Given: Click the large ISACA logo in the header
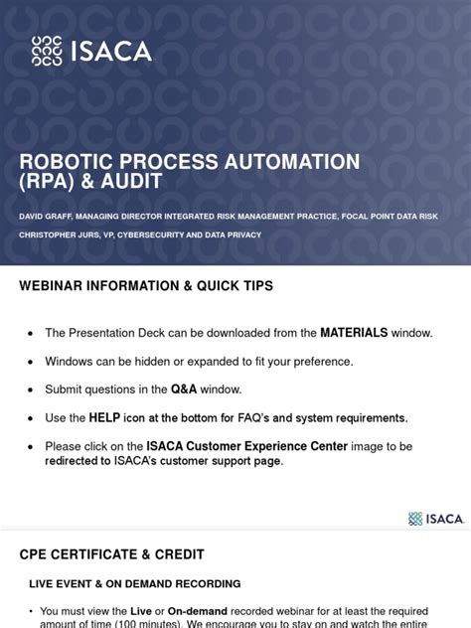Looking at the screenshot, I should pos(92,50).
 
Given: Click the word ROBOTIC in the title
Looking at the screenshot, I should pos(67,162).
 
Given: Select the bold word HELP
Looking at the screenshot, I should pos(105,417).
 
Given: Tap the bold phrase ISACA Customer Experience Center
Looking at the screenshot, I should pos(247,446).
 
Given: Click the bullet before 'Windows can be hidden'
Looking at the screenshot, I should pos(32,362).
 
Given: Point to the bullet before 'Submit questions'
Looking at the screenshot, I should pos(32,390).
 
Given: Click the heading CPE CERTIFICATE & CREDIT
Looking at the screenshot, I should pos(110,554).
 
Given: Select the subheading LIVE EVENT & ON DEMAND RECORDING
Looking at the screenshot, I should pos(134,583).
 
